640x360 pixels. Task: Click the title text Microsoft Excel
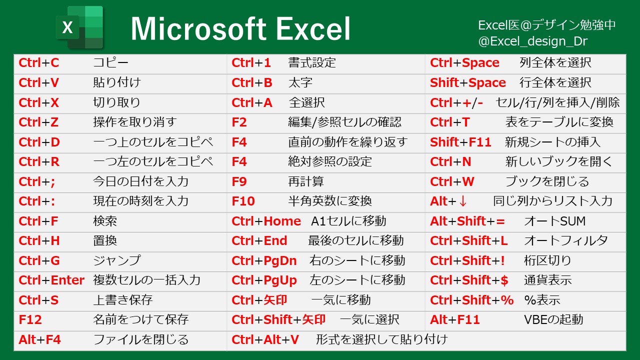pos(240,28)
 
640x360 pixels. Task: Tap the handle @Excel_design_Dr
pos(532,41)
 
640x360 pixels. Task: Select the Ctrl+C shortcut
pos(38,63)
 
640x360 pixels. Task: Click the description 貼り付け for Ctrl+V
pos(117,82)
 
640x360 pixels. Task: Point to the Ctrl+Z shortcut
pos(38,122)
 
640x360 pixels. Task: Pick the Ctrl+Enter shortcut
pos(51,280)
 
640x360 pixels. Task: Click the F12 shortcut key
pos(30,320)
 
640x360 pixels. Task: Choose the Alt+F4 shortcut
pos(39,340)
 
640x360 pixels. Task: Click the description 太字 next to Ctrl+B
pos(300,82)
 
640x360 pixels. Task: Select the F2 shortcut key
pos(239,122)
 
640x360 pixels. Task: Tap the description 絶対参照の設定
pos(330,162)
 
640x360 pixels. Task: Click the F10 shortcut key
pos(243,201)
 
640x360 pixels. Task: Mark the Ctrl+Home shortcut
pos(266,221)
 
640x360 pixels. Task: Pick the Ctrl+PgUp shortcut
pos(264,280)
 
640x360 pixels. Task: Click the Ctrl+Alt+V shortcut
pos(265,340)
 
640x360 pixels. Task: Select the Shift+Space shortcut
pos(467,82)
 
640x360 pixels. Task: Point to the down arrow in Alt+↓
pos(462,201)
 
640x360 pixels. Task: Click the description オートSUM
pos(554,221)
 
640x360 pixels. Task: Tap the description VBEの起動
pos(553,320)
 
